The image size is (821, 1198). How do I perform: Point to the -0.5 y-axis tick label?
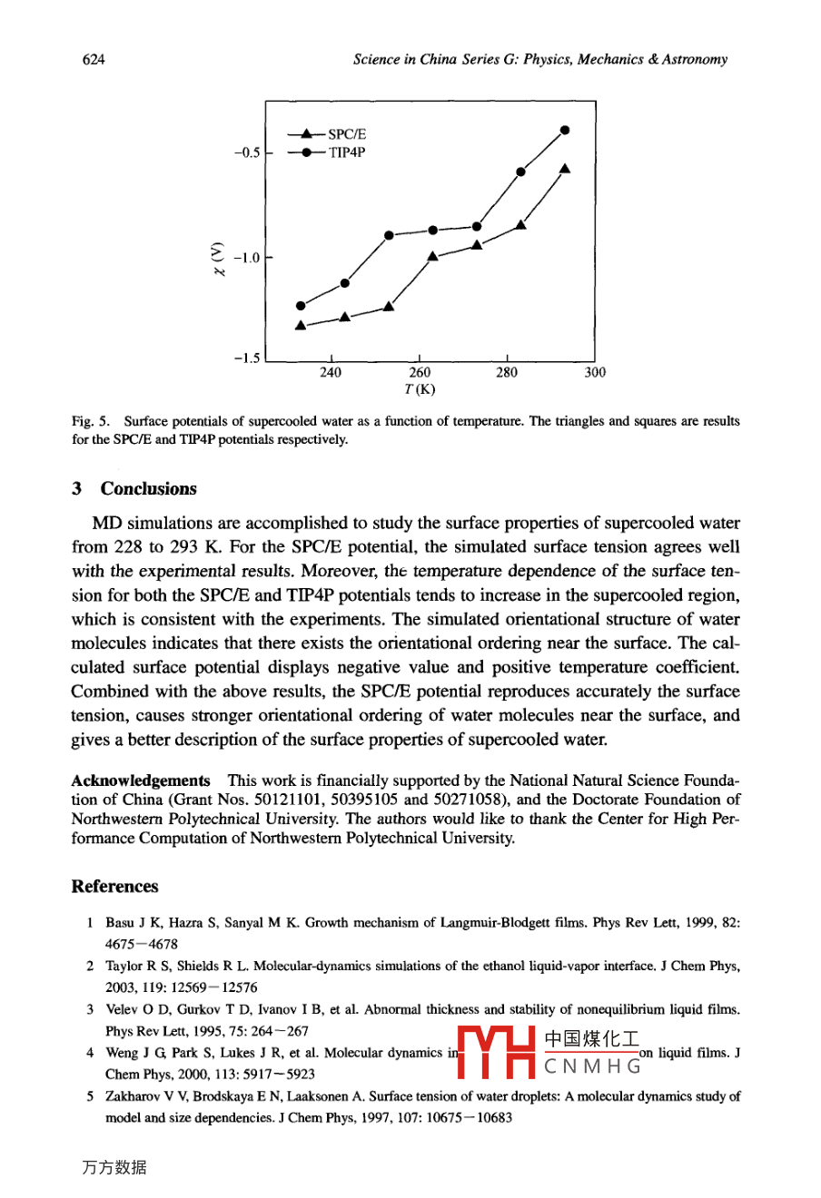click(246, 152)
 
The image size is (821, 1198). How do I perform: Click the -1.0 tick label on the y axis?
click(246, 258)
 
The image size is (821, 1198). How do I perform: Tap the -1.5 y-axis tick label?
click(246, 359)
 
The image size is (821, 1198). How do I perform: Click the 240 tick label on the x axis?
click(331, 373)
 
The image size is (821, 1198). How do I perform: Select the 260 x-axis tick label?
click(420, 373)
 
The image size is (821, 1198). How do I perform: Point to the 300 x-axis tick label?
click(595, 373)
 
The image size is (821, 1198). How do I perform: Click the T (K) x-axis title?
click(420, 390)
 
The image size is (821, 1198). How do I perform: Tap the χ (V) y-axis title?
click(216, 258)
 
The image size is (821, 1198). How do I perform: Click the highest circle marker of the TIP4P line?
click(565, 130)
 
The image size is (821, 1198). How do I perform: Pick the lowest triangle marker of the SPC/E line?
click(301, 325)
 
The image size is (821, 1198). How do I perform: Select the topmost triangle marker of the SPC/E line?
click(565, 168)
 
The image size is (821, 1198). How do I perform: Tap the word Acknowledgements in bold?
click(141, 781)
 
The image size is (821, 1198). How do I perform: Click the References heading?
click(114, 887)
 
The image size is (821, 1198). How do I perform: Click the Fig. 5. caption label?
click(91, 421)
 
